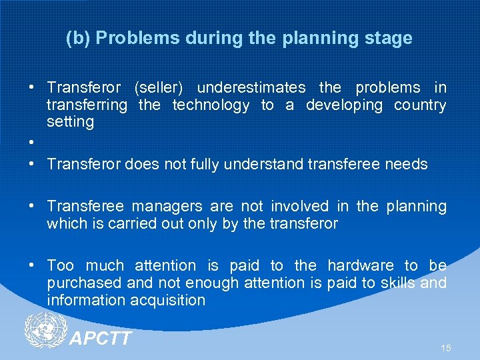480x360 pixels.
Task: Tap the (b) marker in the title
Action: tap(79, 39)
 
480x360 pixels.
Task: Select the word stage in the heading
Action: tap(387, 39)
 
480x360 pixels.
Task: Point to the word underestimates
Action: tap(251, 88)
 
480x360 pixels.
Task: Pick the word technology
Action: tap(211, 105)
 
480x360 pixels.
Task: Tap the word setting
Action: tap(70, 122)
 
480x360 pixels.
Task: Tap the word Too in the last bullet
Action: tap(60, 265)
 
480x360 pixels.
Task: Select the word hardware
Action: tap(362, 265)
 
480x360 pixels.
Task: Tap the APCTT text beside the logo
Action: tap(101, 339)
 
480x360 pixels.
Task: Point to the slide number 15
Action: tap(445, 348)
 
